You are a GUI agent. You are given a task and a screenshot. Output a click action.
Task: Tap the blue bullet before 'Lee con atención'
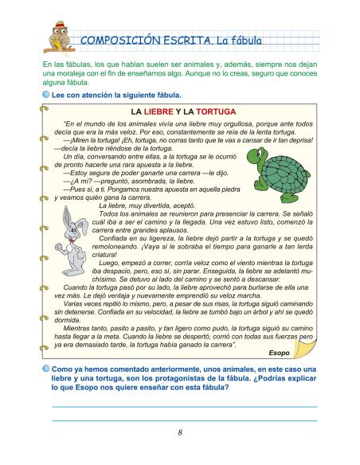coord(46,94)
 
